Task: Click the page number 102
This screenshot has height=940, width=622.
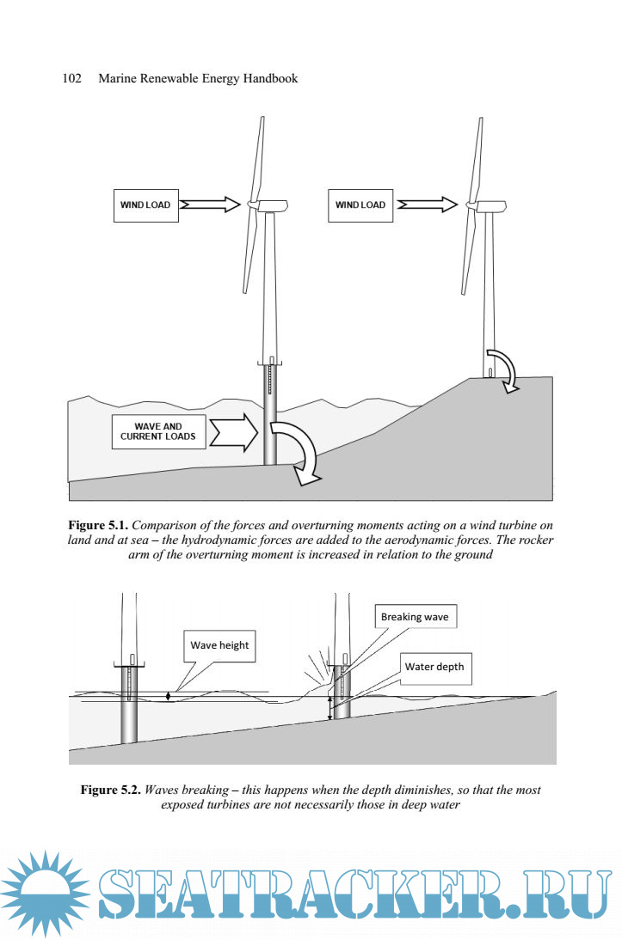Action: click(72, 78)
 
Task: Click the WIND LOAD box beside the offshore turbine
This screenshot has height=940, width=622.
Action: click(145, 205)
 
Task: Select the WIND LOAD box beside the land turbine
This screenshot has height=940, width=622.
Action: click(360, 205)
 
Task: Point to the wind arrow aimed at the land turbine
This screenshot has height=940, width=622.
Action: click(428, 204)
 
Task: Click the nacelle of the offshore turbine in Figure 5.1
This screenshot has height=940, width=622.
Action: click(268, 204)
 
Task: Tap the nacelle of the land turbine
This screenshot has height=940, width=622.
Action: click(486, 205)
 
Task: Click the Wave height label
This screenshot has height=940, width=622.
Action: click(219, 645)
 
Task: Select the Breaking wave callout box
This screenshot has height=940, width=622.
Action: click(415, 617)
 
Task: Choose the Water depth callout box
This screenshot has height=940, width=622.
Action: click(434, 667)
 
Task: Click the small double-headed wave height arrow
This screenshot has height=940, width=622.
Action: click(169, 697)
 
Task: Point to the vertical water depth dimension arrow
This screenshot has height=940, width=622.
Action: click(329, 708)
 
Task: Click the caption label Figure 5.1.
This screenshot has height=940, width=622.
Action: click(99, 525)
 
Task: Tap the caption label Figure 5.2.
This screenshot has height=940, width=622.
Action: click(111, 790)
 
